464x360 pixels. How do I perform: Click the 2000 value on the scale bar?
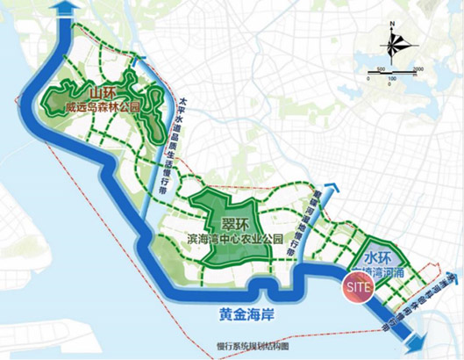[x=418, y=68]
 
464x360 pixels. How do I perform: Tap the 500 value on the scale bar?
[x=382, y=68]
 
